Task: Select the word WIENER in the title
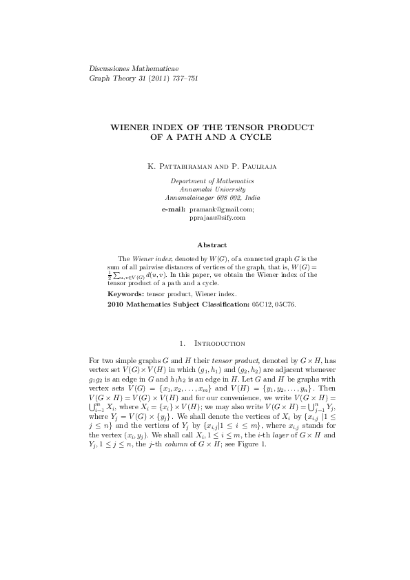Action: (135, 127)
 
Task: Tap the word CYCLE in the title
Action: (256, 137)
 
